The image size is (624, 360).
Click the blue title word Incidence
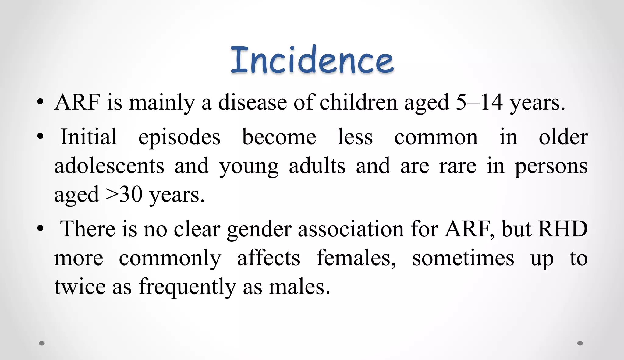(312, 60)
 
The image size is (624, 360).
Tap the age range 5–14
(479, 102)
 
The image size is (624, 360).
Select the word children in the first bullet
(359, 102)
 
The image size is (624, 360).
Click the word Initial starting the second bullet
(89, 137)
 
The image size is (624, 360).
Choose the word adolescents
(109, 166)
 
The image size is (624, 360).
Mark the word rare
(458, 167)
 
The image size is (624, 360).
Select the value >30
(124, 195)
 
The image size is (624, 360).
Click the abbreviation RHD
(563, 229)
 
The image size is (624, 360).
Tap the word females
(356, 258)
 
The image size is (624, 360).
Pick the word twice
(80, 287)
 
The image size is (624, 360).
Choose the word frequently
(187, 287)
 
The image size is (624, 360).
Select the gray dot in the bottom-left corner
(42, 344)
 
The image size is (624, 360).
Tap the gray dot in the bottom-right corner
(580, 344)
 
